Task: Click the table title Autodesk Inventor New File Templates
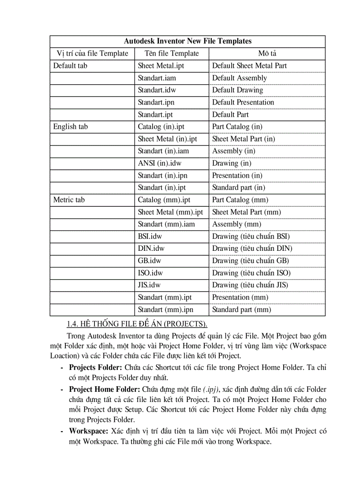[x=187, y=41]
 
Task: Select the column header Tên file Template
[x=172, y=53]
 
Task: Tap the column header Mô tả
[x=267, y=53]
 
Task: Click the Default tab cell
[x=70, y=66]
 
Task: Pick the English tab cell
[x=71, y=127]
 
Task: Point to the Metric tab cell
[x=69, y=200]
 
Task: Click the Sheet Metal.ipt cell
[x=161, y=66]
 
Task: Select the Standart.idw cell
[x=157, y=90]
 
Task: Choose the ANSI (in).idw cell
[x=160, y=163]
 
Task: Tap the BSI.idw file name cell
[x=150, y=236]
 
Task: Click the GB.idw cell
[x=149, y=261]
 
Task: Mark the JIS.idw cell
[x=149, y=285]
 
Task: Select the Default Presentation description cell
[x=243, y=102]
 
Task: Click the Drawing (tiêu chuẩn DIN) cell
[x=252, y=248]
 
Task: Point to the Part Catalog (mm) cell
[x=240, y=200]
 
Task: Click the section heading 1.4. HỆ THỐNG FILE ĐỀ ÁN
[x=137, y=324]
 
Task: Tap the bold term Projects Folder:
[x=96, y=367]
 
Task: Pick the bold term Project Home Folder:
[x=105, y=389]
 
